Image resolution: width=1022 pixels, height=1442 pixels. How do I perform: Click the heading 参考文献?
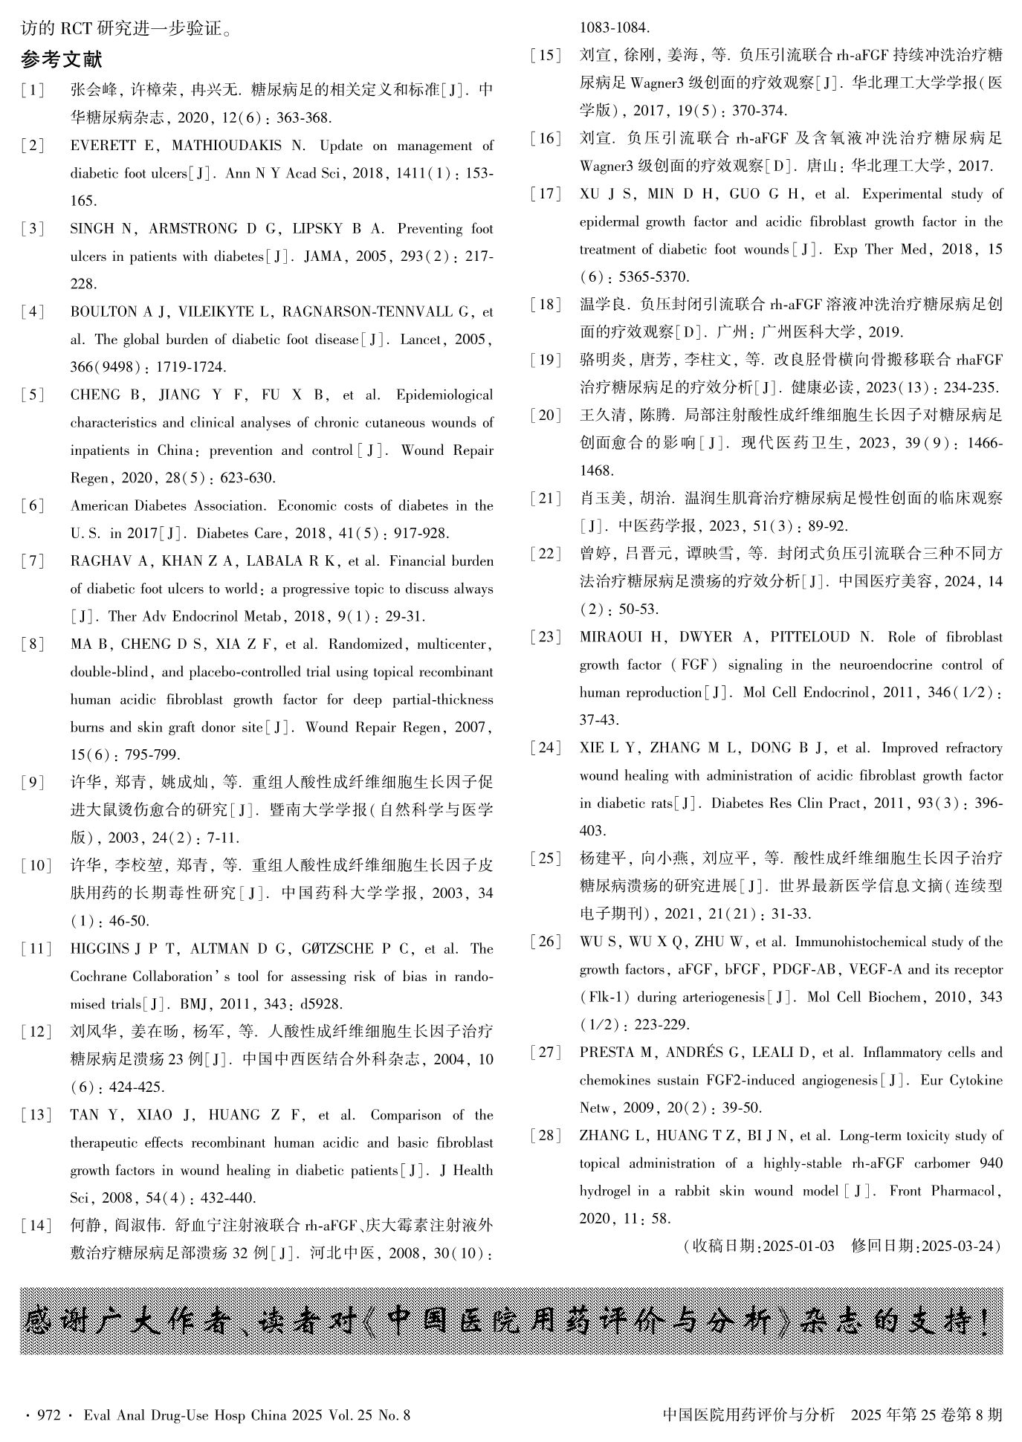[x=62, y=59]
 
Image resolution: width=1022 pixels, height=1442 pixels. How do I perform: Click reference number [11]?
[x=36, y=949]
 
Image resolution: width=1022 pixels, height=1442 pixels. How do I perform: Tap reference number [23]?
[x=546, y=638]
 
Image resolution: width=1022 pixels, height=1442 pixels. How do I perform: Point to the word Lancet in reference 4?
[x=421, y=340]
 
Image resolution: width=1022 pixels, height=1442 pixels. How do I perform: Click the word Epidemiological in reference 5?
[x=444, y=395]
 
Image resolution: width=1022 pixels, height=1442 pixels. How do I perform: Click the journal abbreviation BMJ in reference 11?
[x=194, y=1005]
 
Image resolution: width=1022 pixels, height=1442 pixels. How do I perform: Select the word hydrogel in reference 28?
[x=604, y=1192]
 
